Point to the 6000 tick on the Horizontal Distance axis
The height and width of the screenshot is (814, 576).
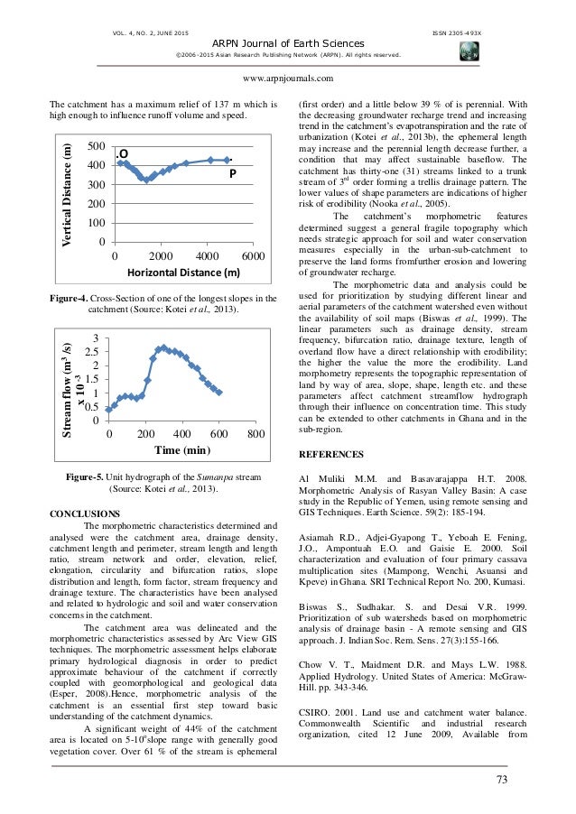click(253, 256)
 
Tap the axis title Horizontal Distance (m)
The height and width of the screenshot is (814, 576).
click(182, 273)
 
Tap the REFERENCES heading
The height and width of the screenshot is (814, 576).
click(331, 454)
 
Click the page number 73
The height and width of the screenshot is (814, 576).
click(502, 778)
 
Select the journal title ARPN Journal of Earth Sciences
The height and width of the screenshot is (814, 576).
click(287, 43)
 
